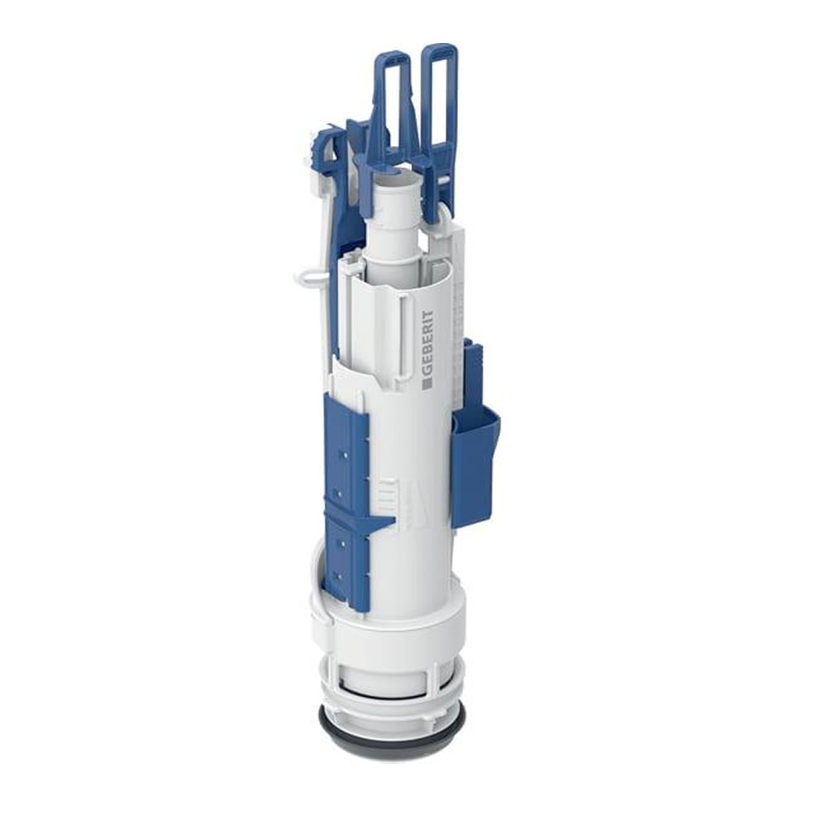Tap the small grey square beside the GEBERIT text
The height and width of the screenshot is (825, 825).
coord(427,380)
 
